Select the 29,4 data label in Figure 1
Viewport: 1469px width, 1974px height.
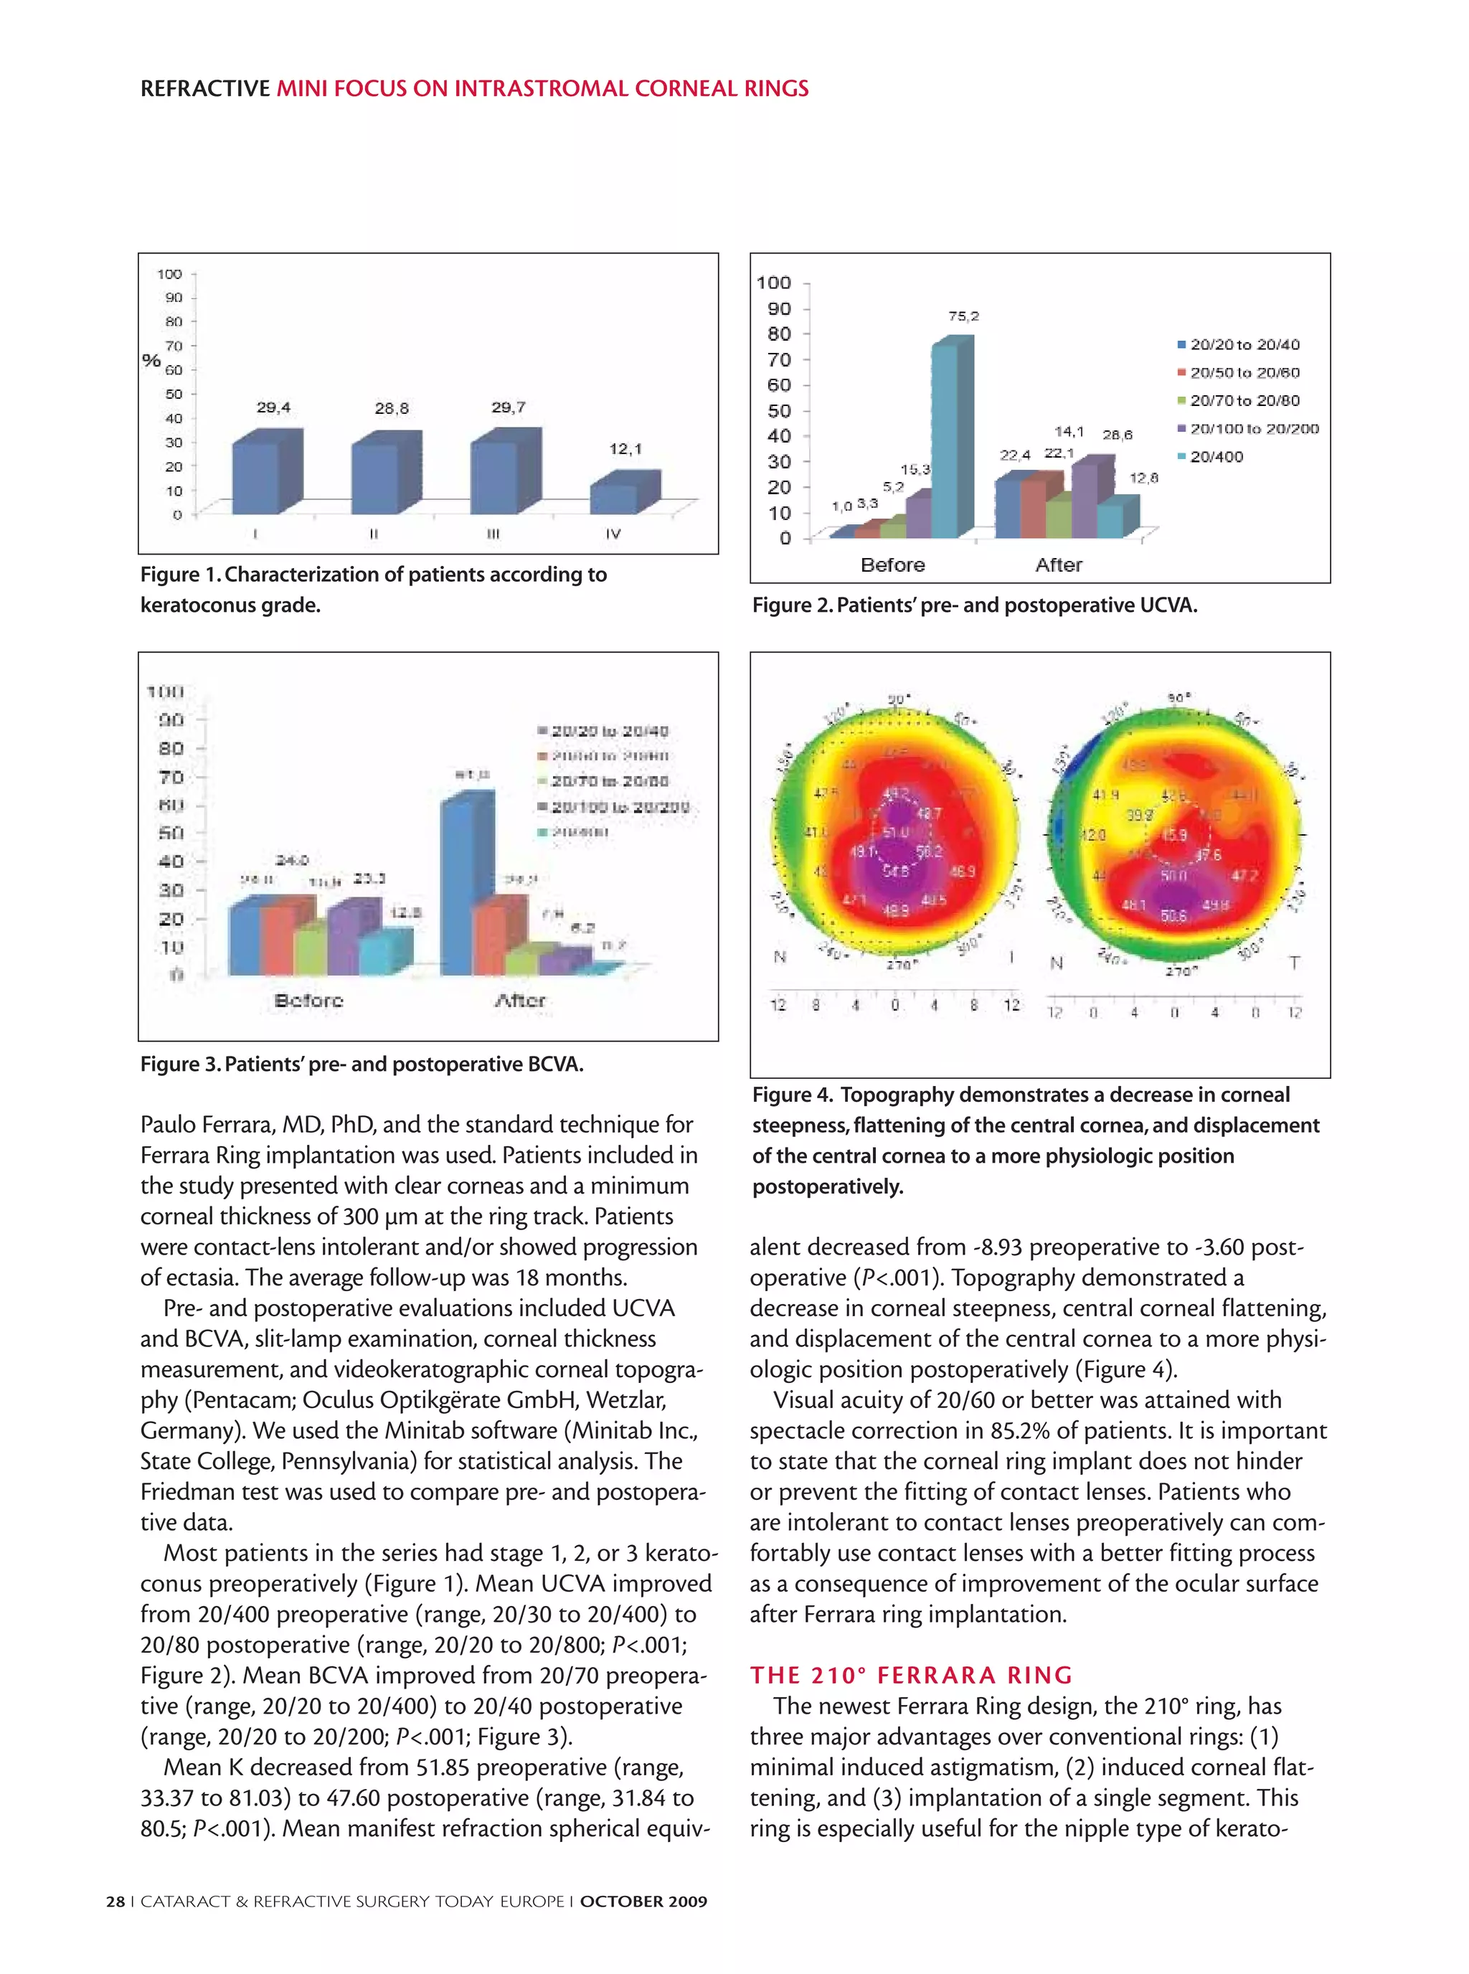pyautogui.click(x=273, y=407)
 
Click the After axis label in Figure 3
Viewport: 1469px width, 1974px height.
pyautogui.click(x=519, y=1001)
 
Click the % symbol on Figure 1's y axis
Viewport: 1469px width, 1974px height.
pyautogui.click(x=151, y=360)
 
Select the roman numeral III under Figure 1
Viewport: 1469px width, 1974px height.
pyautogui.click(x=493, y=534)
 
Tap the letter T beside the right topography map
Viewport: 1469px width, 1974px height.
pyautogui.click(x=1295, y=963)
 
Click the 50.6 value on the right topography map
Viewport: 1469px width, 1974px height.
pyautogui.click(x=1173, y=915)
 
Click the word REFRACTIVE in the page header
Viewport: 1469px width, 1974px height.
pyautogui.click(x=205, y=89)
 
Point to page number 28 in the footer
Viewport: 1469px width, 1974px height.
pyautogui.click(x=115, y=1901)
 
